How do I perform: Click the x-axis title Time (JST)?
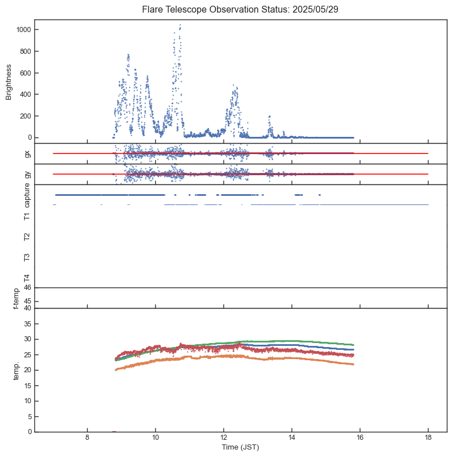tap(240, 446)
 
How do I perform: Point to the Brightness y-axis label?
tap(9, 81)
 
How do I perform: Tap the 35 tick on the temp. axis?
tap(27, 324)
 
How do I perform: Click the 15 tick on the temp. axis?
tap(27, 385)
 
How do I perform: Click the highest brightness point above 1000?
tap(180, 25)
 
